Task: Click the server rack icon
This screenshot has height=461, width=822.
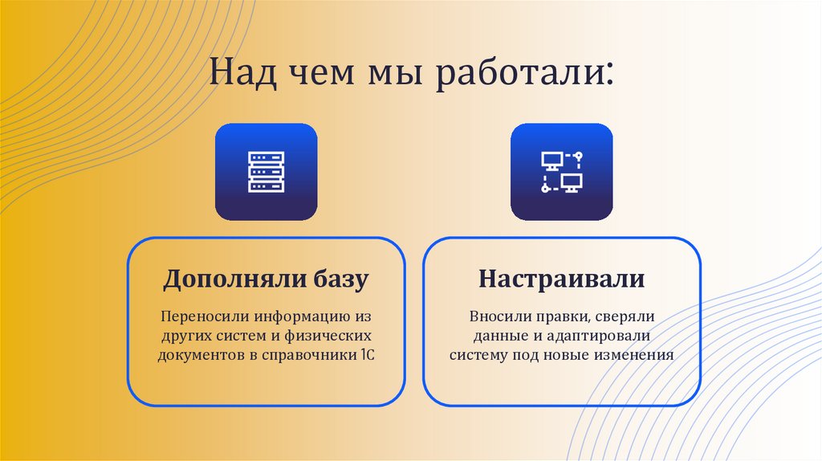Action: pyautogui.click(x=266, y=172)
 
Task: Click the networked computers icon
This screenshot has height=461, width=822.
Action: pyautogui.click(x=561, y=172)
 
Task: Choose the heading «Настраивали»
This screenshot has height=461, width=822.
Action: pyautogui.click(x=561, y=279)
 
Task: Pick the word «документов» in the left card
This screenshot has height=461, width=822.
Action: pyautogui.click(x=199, y=353)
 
